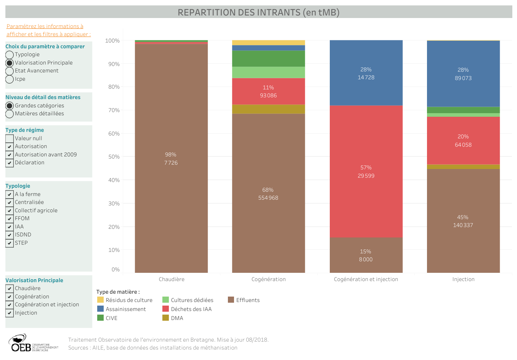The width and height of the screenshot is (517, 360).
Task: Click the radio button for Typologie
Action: click(x=10, y=55)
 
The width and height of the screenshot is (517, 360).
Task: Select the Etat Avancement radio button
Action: click(x=10, y=71)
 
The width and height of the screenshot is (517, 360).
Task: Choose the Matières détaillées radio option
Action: click(x=10, y=114)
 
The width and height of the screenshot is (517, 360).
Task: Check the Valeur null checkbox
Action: click(x=10, y=139)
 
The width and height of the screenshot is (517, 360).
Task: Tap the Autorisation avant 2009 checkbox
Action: click(x=10, y=155)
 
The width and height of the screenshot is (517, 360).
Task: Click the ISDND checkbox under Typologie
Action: click(x=10, y=235)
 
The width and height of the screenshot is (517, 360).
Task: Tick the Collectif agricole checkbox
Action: click(x=10, y=211)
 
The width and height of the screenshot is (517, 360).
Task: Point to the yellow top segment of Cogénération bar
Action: click(x=268, y=43)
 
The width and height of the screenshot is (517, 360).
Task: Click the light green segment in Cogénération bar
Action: click(x=268, y=72)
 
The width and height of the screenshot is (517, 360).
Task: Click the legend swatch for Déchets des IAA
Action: click(x=166, y=309)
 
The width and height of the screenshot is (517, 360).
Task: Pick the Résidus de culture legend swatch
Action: click(x=100, y=300)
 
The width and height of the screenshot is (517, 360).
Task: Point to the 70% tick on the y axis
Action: click(x=114, y=110)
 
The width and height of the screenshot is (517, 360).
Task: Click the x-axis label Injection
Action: click(x=463, y=279)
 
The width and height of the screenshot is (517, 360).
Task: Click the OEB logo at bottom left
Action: click(x=22, y=343)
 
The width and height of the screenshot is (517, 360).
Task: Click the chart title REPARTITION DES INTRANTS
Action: click(x=258, y=12)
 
